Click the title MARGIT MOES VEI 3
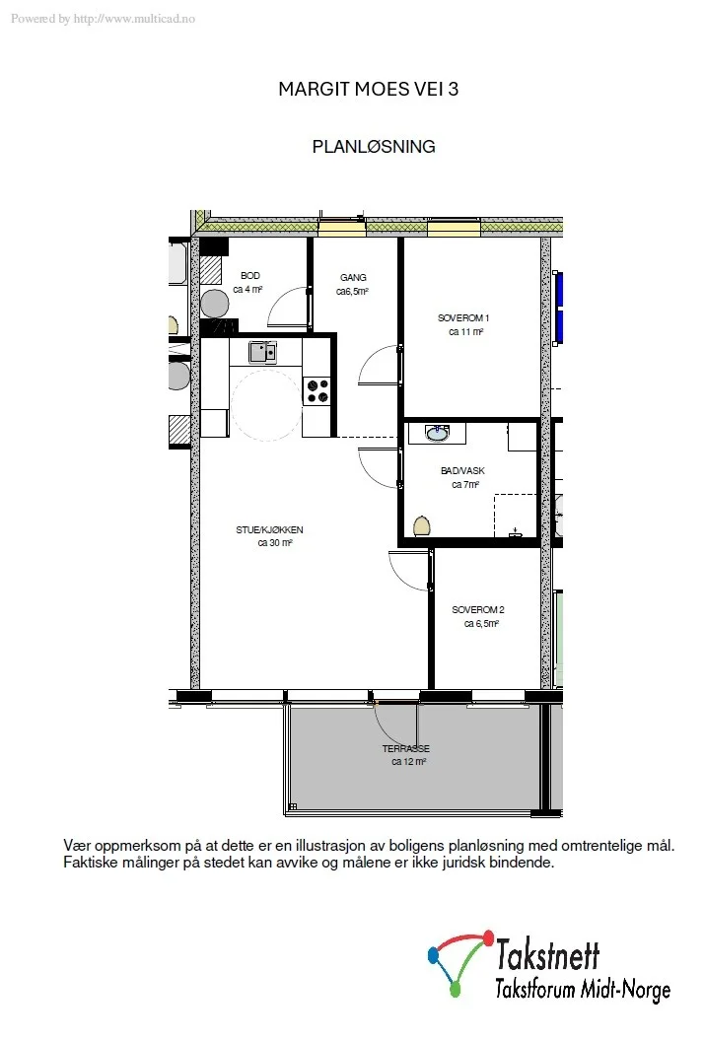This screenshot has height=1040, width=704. click(368, 89)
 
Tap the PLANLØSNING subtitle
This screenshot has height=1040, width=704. click(374, 147)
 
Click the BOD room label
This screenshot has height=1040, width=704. click(250, 275)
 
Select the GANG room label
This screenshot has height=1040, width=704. click(353, 277)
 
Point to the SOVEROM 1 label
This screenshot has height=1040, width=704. click(463, 317)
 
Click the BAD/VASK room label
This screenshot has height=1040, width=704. click(462, 470)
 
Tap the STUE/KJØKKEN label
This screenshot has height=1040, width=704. click(269, 529)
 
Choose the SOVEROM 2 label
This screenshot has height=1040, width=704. click(478, 609)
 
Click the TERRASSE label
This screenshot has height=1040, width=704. click(405, 748)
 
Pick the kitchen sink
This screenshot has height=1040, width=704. click(262, 352)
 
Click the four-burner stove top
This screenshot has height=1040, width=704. click(317, 390)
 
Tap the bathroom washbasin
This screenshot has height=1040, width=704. click(437, 433)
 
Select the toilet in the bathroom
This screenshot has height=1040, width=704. click(422, 526)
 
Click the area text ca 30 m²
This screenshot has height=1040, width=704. click(275, 542)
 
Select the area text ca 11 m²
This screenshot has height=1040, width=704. click(465, 331)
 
